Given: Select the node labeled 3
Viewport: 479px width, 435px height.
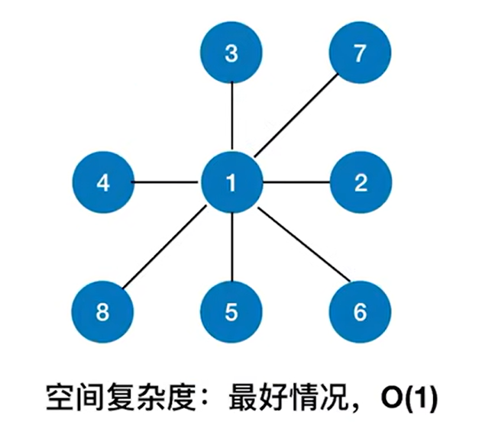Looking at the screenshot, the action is point(231,53).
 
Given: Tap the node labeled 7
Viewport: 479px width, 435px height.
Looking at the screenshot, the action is point(361,53).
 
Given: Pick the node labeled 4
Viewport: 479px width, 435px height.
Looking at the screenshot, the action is point(102,183).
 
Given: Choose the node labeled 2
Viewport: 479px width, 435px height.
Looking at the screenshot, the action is point(361,183).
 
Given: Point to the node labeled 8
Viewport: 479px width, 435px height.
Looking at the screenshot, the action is point(102,311).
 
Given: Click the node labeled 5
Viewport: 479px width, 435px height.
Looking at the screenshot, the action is point(231,311).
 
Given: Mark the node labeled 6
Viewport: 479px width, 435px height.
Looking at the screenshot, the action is point(361,311).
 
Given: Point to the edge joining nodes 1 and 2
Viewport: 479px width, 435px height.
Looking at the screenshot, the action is point(296,183).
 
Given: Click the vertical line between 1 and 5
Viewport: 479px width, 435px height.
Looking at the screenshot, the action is point(231,247).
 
